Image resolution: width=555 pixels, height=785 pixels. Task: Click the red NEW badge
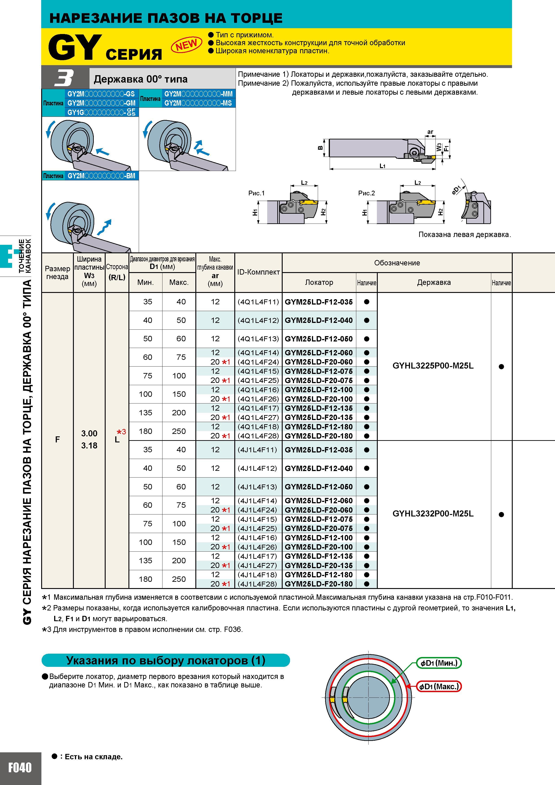[187, 45]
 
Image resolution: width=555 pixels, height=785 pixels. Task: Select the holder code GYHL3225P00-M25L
[433, 366]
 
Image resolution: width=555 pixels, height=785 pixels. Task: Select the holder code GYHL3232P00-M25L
[433, 514]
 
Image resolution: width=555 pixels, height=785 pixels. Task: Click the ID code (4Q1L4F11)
[258, 302]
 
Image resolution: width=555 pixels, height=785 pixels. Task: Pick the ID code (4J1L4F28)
[257, 584]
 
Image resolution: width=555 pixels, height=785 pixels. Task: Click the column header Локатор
[319, 282]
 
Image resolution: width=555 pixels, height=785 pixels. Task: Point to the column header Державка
[434, 282]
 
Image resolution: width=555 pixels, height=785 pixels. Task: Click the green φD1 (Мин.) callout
[439, 663]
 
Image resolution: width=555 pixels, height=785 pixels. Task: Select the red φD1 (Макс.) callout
[439, 686]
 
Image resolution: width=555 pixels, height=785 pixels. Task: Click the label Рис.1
[256, 193]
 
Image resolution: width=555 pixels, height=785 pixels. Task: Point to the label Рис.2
[367, 193]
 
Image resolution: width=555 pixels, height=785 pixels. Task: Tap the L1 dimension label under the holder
[382, 166]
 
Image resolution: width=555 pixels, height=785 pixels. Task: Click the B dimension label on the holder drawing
[320, 148]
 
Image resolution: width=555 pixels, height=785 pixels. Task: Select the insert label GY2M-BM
[101, 176]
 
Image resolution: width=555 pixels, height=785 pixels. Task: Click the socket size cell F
[58, 439]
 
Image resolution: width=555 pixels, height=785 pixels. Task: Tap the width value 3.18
[89, 446]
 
